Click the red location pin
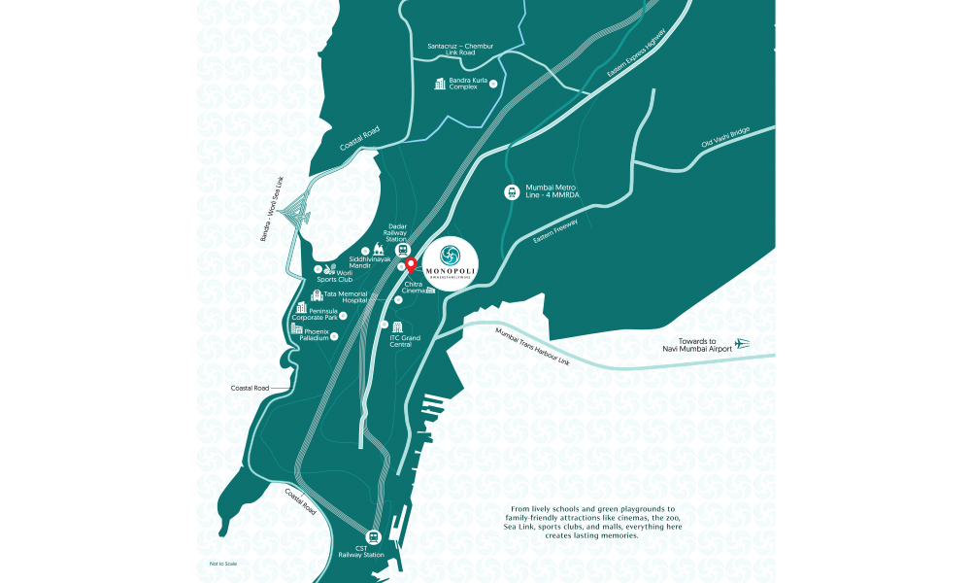(x=410, y=263)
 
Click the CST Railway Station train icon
(x=373, y=536)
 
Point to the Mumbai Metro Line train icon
(x=511, y=192)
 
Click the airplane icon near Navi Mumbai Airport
(x=744, y=343)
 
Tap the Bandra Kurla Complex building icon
(x=440, y=84)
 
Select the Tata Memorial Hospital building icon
(x=316, y=295)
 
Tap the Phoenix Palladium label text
(x=317, y=334)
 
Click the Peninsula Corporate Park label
(x=317, y=314)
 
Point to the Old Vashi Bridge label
(x=726, y=145)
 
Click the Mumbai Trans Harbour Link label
(x=531, y=347)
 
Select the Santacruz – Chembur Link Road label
(x=460, y=49)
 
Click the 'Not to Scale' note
(x=222, y=564)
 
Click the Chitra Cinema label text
(x=414, y=287)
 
